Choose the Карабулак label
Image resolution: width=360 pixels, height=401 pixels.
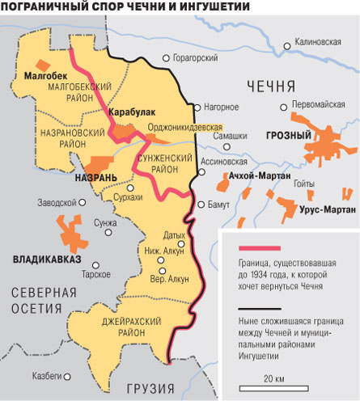pos(130,114)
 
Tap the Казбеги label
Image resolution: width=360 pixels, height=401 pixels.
pos(47,376)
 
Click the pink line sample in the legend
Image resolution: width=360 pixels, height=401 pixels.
pos(258,247)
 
